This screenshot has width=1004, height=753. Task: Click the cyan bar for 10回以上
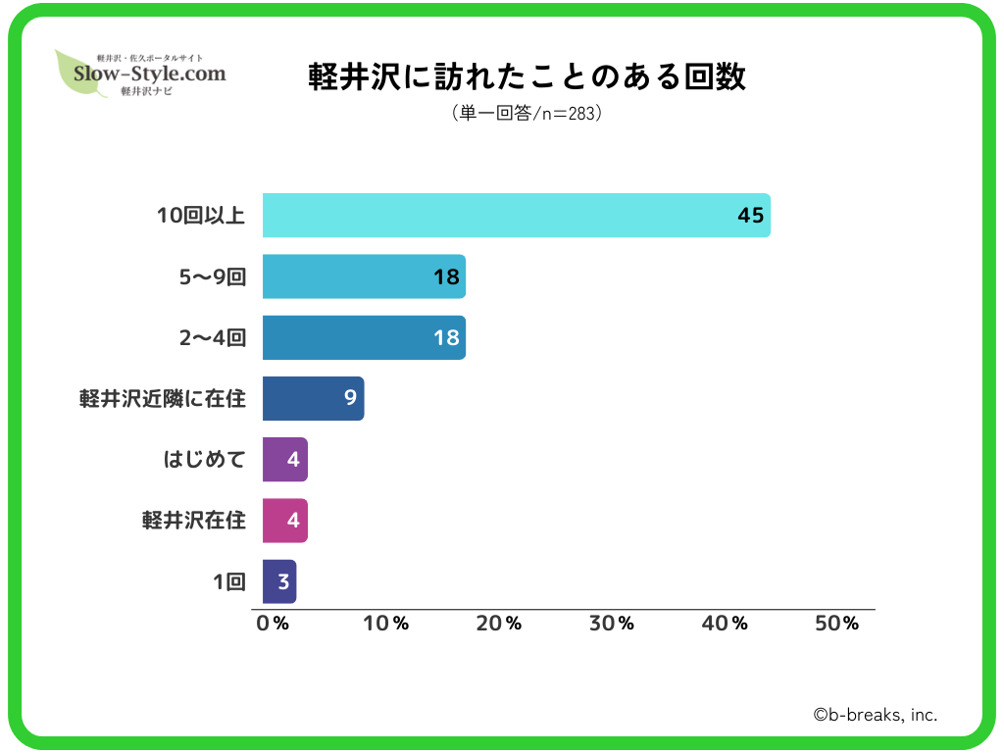tap(516, 216)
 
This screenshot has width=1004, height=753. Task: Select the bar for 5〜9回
tap(364, 276)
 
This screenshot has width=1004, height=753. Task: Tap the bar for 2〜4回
tap(364, 337)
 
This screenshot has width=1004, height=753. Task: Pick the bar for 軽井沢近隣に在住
tap(313, 398)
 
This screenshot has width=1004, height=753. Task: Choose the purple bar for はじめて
tap(284, 459)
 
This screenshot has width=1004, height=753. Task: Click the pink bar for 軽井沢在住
tap(284, 520)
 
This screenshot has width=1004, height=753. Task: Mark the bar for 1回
tap(278, 581)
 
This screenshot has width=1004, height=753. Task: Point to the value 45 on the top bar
tap(750, 216)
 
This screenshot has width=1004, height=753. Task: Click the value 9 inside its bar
tap(349, 398)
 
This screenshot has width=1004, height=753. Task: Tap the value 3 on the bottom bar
tap(283, 581)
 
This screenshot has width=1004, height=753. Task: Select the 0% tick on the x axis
tap(272, 624)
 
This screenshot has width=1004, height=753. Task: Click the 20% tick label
tap(499, 624)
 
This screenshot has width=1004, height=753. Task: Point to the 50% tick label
tap(837, 624)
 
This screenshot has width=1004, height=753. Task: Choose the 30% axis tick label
tap(612, 624)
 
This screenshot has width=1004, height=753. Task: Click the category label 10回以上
tap(201, 216)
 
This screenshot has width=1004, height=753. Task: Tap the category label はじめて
tap(204, 459)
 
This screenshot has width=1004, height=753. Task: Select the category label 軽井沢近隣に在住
tap(163, 398)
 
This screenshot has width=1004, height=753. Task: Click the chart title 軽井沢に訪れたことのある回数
tap(527, 77)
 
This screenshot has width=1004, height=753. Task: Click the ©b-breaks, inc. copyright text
tap(875, 715)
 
